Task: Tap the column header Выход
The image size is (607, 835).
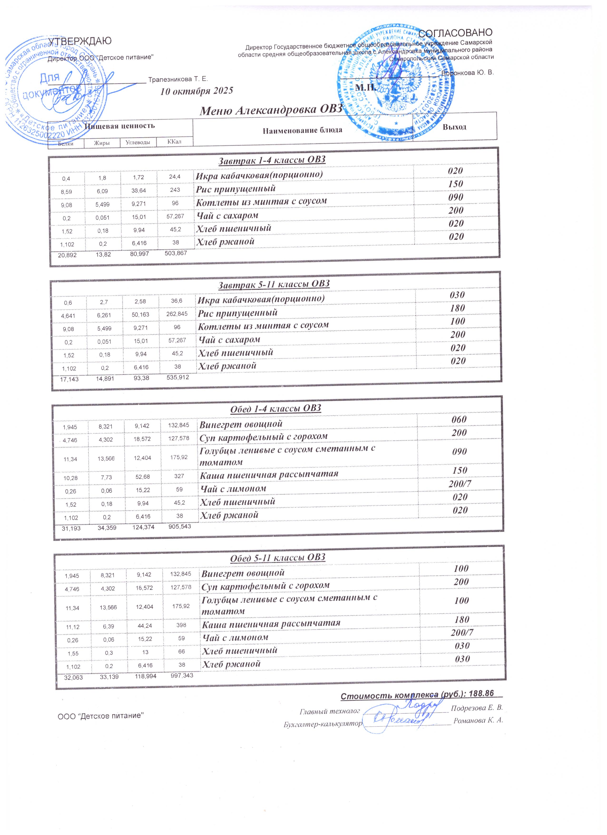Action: click(x=454, y=127)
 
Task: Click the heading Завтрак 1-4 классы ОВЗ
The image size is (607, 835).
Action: click(x=272, y=160)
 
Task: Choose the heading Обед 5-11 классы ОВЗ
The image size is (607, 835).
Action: click(x=278, y=557)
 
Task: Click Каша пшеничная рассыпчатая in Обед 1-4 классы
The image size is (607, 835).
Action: click(x=269, y=474)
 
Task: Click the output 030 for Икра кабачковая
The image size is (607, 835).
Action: click(x=457, y=295)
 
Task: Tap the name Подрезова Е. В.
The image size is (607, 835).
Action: click(x=477, y=708)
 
